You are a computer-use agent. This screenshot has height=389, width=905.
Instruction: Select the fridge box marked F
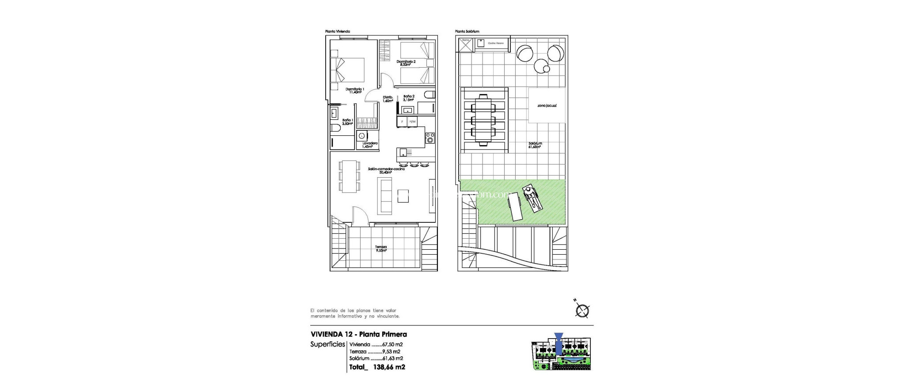pyautogui.click(x=93, y=121)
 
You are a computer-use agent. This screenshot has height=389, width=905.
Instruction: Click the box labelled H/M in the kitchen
pyautogui.click(x=103, y=121)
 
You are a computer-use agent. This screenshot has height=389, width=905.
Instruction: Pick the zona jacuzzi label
pyautogui.click(x=547, y=106)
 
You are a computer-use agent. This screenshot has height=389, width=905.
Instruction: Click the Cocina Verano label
pyautogui.click(x=496, y=44)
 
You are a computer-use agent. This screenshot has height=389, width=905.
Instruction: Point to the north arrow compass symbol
pyautogui.click(x=583, y=310)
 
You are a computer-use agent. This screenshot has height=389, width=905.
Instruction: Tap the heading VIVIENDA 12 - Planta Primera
pyautogui.click(x=358, y=334)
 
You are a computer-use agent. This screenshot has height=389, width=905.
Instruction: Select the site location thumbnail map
pyautogui.click(x=561, y=353)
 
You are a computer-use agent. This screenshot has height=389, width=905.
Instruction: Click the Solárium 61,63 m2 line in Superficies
pyautogui.click(x=376, y=358)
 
